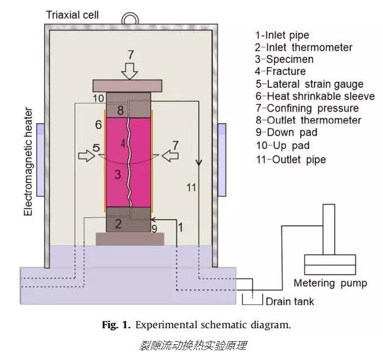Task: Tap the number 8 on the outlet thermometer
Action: [121, 110]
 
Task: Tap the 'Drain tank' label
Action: [290, 301]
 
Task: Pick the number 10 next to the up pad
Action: [99, 98]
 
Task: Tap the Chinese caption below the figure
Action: [191, 346]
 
